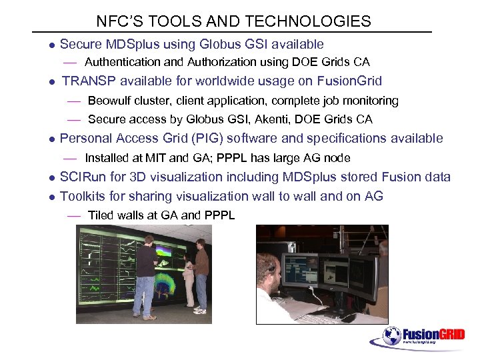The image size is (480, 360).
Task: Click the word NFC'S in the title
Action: click(115, 21)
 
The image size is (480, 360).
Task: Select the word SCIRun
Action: click(83, 177)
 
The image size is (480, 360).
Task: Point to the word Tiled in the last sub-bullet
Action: click(101, 215)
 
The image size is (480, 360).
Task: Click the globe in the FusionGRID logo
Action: click(391, 335)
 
